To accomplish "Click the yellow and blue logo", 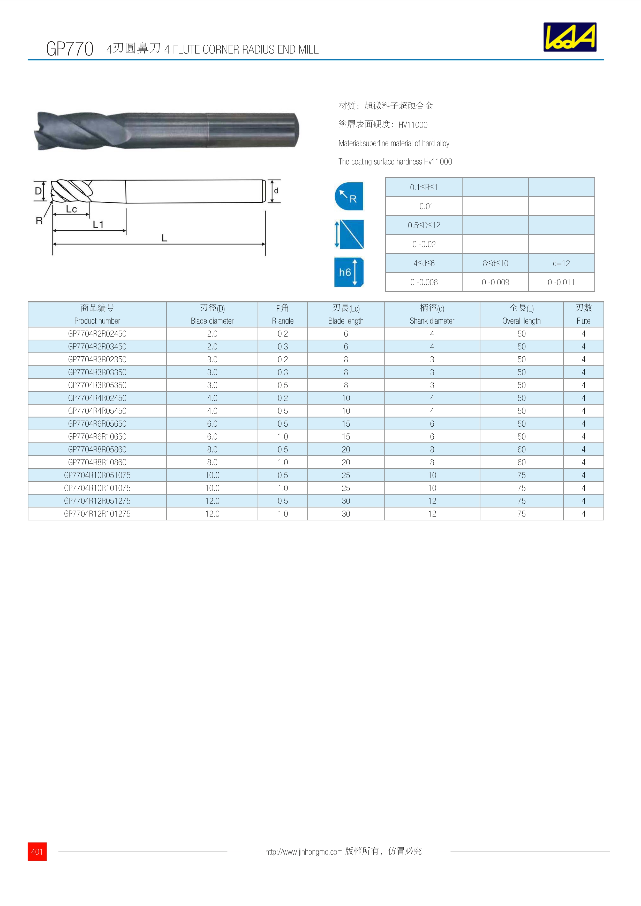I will (x=570, y=37).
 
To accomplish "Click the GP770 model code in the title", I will (x=70, y=49).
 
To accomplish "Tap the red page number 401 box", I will (x=37, y=852).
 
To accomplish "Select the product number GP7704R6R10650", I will (x=97, y=436).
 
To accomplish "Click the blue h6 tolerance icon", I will (x=349, y=272).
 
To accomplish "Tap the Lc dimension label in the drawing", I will (x=71, y=209).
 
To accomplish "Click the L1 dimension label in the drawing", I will (x=98, y=224).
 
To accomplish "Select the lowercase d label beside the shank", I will (x=276, y=191).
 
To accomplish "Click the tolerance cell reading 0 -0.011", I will (x=561, y=282).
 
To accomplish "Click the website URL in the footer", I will (x=304, y=852).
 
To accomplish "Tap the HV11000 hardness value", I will (x=413, y=125).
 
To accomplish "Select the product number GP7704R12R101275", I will (x=97, y=514).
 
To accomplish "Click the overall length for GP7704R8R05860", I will (x=521, y=449).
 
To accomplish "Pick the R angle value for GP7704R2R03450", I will (x=283, y=346).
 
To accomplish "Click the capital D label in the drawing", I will (x=38, y=191).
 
